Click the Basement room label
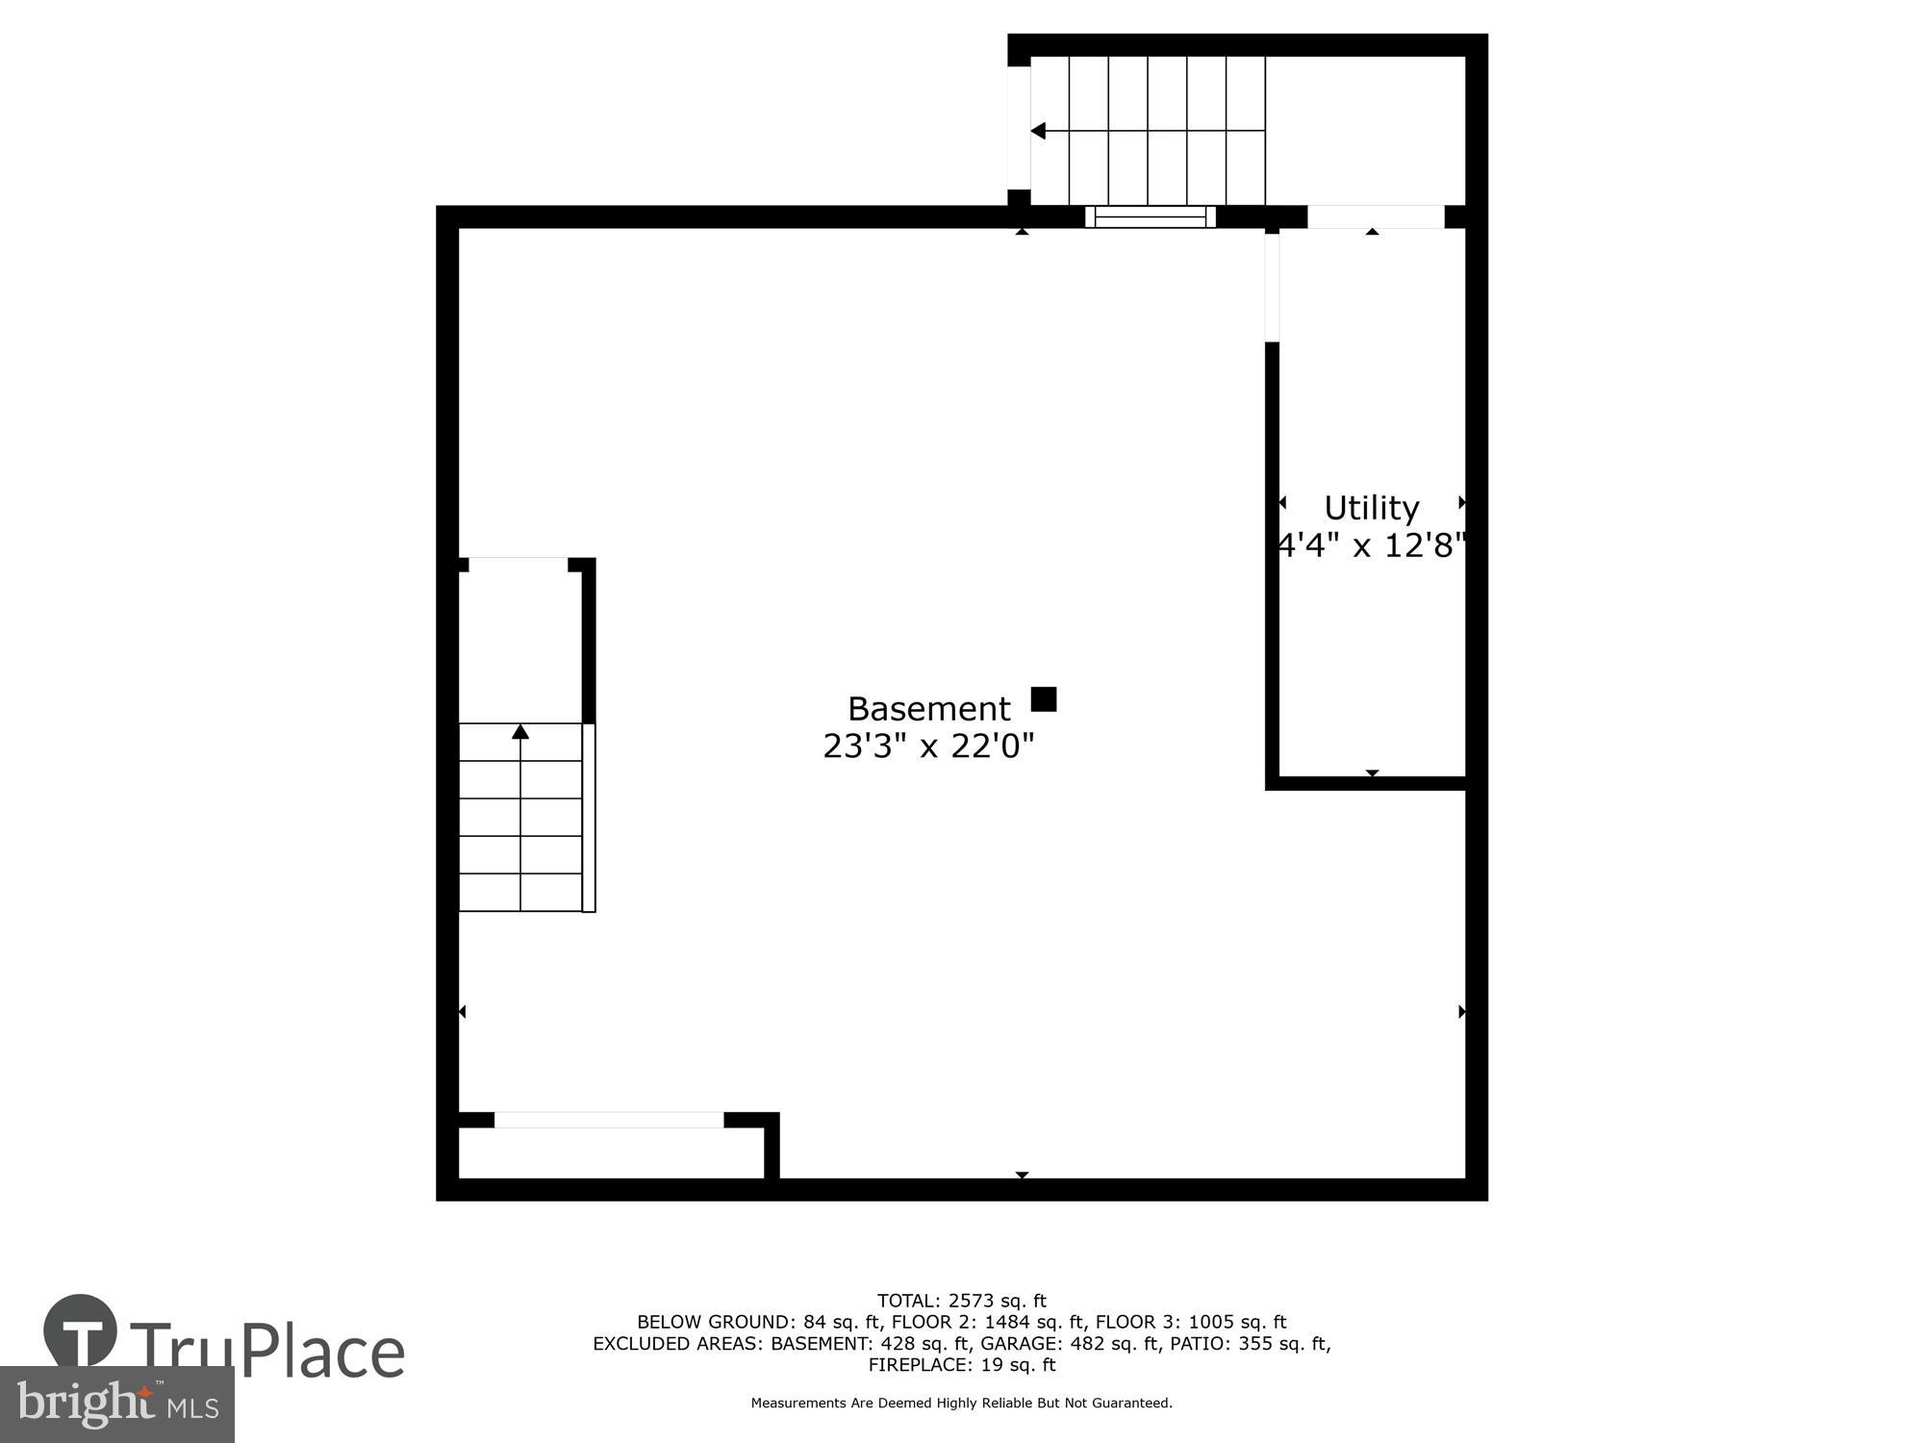pyautogui.click(x=928, y=709)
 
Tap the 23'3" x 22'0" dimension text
pyautogui.click(x=928, y=746)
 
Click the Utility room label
pyautogui.click(x=1371, y=508)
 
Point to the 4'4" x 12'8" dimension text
pyautogui.click(x=1371, y=545)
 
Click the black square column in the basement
pyautogui.click(x=1044, y=699)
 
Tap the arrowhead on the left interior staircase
pyautogui.click(x=520, y=732)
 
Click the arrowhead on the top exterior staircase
pyautogui.click(x=1038, y=131)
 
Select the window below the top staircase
pyautogui.click(x=1151, y=217)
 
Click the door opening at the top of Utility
pyautogui.click(x=1376, y=217)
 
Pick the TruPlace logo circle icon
pyautogui.click(x=81, y=1331)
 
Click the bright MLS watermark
pyautogui.click(x=116, y=1405)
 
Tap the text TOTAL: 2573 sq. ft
pyautogui.click(x=961, y=1302)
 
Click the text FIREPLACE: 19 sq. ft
pyautogui.click(x=961, y=1365)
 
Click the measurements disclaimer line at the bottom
pyautogui.click(x=961, y=1404)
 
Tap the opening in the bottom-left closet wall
pyautogui.click(x=608, y=1120)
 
